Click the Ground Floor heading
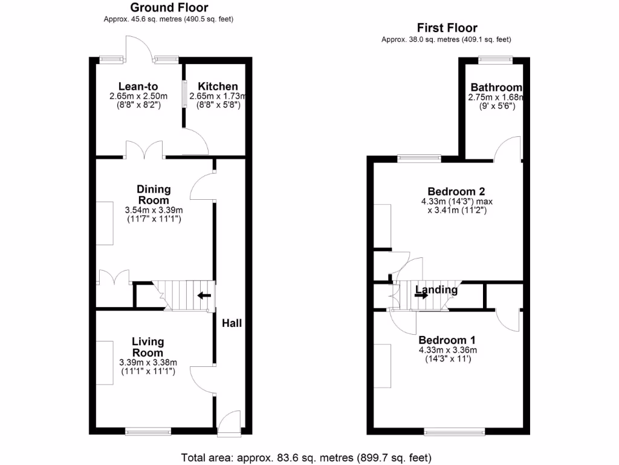pyautogui.click(x=169, y=8)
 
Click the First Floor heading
pyautogui.click(x=447, y=28)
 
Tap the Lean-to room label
pyautogui.click(x=138, y=87)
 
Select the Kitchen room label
pyautogui.click(x=218, y=87)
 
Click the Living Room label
pyautogui.click(x=148, y=348)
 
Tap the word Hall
pyautogui.click(x=232, y=323)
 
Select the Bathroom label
pyautogui.click(x=496, y=87)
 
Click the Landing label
pyautogui.click(x=436, y=290)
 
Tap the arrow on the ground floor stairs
pyautogui.click(x=204, y=295)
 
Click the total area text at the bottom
pyautogui.click(x=306, y=457)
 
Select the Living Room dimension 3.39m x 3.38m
pyautogui.click(x=148, y=363)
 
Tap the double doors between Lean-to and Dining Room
pyautogui.click(x=144, y=150)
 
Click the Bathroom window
pyautogui.click(x=496, y=59)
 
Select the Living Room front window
pyautogui.click(x=148, y=432)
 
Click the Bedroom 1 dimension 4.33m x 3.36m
pyautogui.click(x=447, y=350)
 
